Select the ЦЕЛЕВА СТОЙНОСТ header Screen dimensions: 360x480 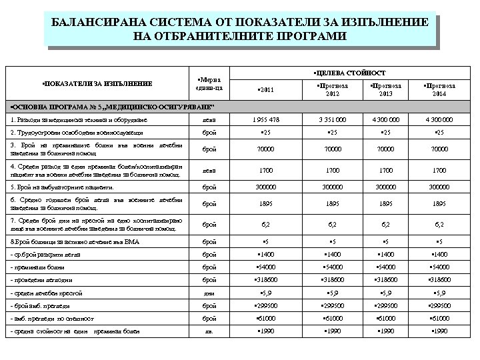(x=347, y=71)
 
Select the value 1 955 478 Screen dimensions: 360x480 (x=265, y=119)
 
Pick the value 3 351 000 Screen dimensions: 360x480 (x=323, y=119)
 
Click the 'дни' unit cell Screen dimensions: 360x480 (x=209, y=293)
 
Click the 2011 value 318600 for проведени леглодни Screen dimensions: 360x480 (x=267, y=280)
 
